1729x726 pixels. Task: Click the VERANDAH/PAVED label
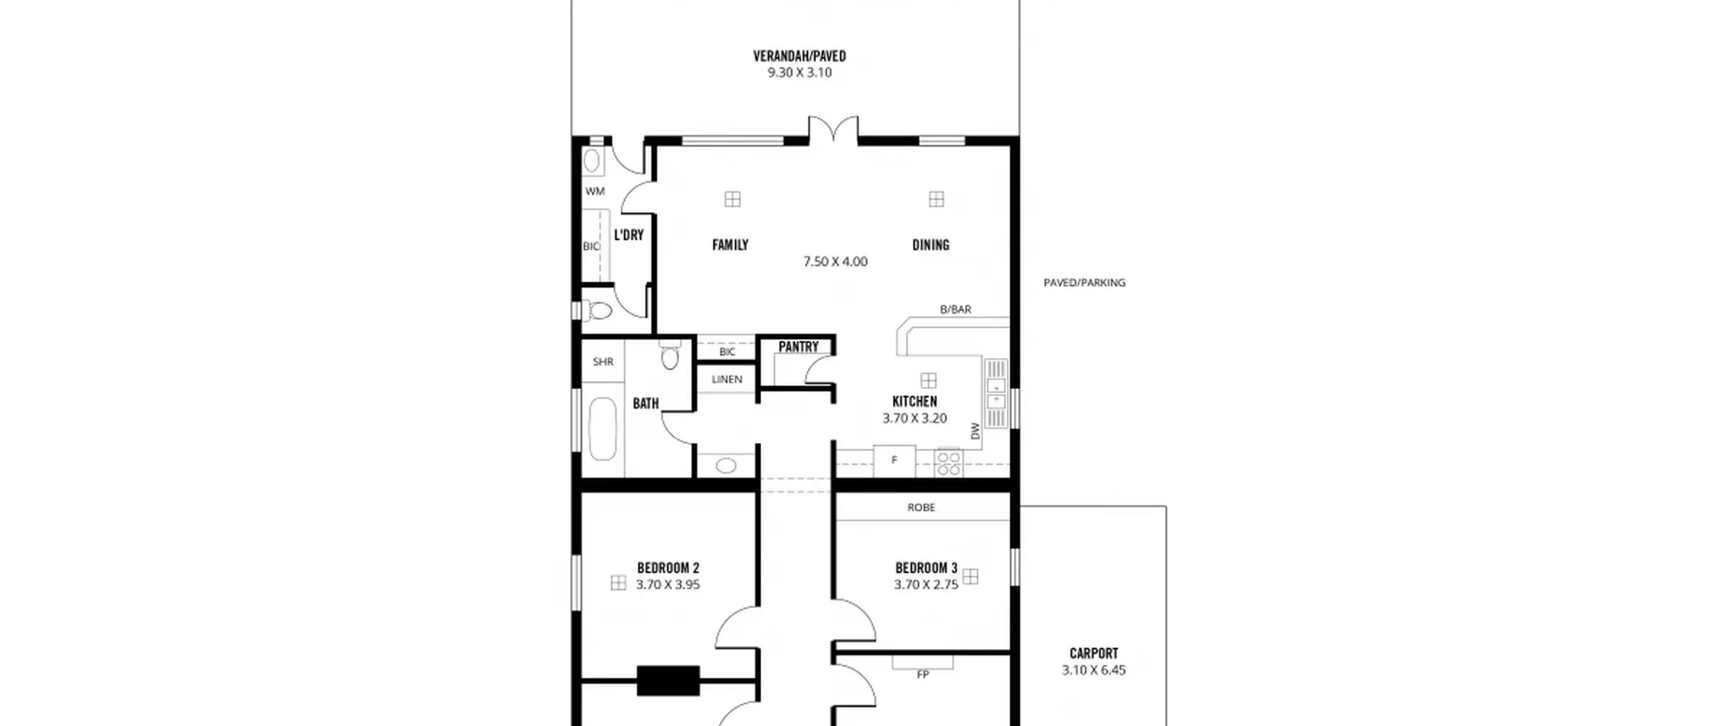click(x=799, y=56)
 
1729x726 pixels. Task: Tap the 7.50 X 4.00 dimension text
click(x=835, y=261)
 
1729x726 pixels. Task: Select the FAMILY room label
click(x=730, y=244)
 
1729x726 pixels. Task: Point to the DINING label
click(x=931, y=244)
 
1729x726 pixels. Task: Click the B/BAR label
click(x=956, y=309)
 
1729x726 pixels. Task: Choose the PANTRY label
click(x=798, y=346)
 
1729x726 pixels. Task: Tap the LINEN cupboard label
click(x=727, y=380)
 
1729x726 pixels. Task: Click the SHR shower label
click(x=603, y=362)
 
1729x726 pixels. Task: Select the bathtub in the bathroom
click(x=602, y=430)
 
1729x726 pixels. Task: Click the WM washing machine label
click(x=595, y=191)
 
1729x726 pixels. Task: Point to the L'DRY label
click(x=629, y=235)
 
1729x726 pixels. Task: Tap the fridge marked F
click(x=894, y=461)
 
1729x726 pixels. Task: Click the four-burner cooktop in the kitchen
click(x=949, y=463)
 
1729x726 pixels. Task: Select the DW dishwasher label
click(x=975, y=431)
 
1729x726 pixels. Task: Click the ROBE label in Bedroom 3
click(x=921, y=507)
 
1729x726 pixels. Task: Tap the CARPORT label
click(x=1093, y=653)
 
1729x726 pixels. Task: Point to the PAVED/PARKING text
click(x=1084, y=282)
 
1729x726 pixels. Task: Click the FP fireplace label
click(x=923, y=674)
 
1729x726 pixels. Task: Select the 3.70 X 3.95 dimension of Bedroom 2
click(x=667, y=585)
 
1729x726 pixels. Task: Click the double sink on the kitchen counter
click(x=996, y=394)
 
